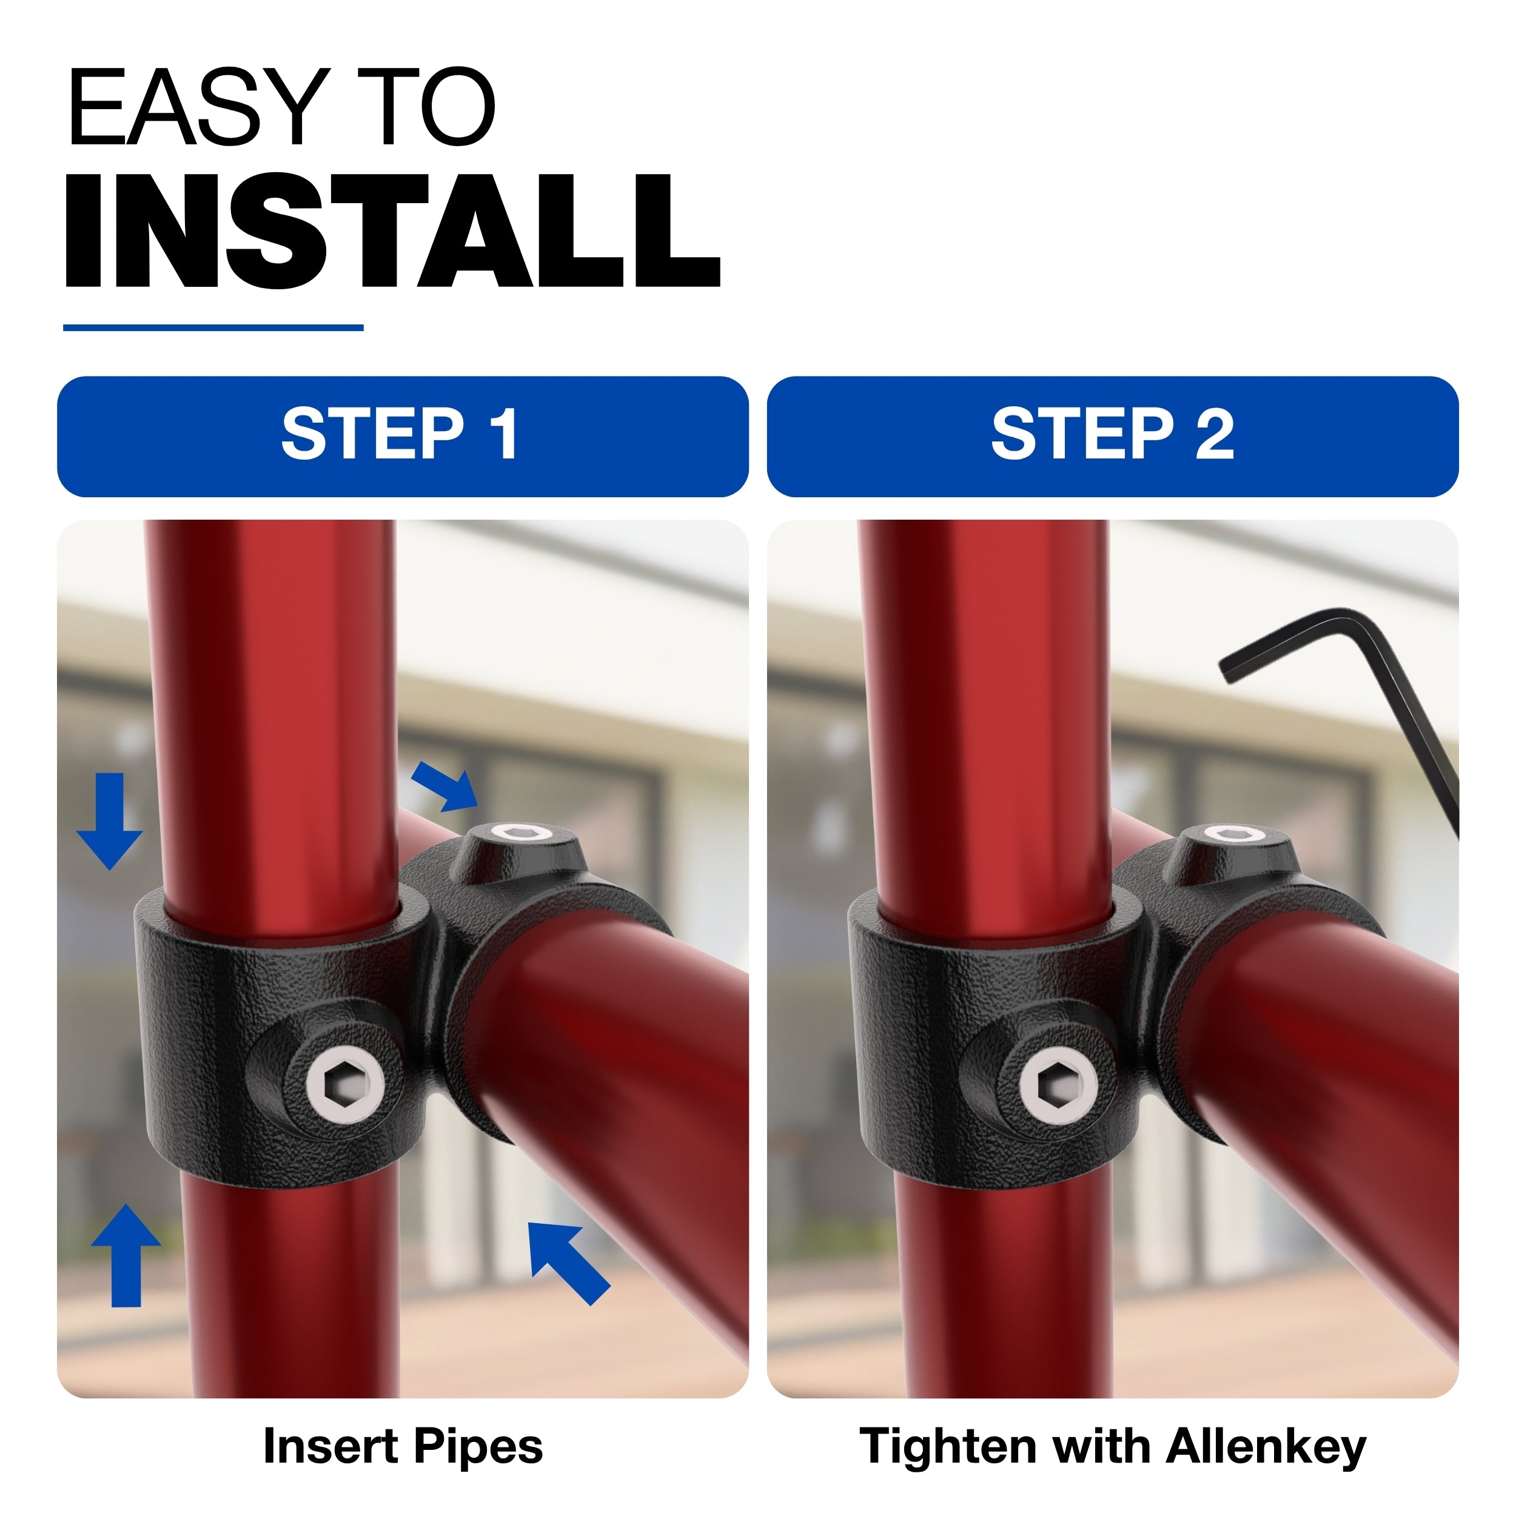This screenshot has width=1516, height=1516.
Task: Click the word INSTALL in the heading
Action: coord(392,232)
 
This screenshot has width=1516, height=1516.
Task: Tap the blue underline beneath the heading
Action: coord(213,327)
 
